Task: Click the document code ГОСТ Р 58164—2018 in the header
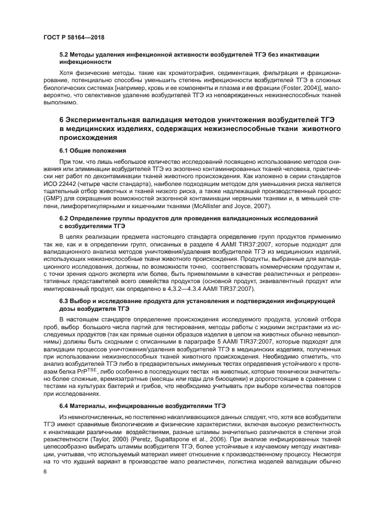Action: pos(74,37)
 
